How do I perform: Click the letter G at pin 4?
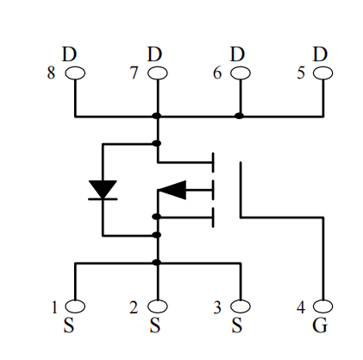320,325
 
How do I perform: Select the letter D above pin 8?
69,54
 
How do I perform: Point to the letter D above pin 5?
320,54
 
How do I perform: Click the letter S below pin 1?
69,325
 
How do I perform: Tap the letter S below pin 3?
237,325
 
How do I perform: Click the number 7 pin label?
134,73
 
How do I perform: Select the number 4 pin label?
301,307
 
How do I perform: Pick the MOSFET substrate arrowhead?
172,190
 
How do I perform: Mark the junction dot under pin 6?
239,116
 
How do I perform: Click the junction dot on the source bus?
156,262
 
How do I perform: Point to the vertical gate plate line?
241,190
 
